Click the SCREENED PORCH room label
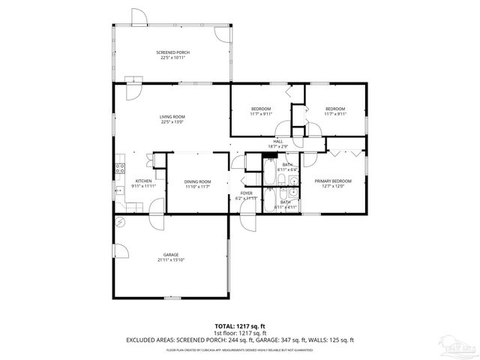tap(172, 52)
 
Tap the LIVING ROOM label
tap(172, 117)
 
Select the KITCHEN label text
tap(144, 181)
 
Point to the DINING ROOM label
tap(198, 181)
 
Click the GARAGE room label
tap(171, 255)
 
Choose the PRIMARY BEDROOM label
tap(333, 181)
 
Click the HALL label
tap(277, 141)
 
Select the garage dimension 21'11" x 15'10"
tap(171, 260)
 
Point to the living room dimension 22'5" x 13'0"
tap(172, 122)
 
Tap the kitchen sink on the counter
tap(118, 191)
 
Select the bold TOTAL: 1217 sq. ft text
tap(240, 326)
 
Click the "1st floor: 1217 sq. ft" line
tap(240, 333)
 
